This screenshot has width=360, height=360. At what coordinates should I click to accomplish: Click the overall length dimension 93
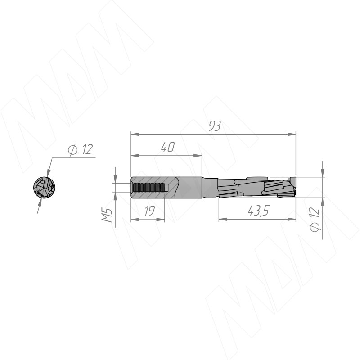pyautogui.click(x=215, y=126)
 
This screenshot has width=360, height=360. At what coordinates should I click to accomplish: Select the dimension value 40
pyautogui.click(x=168, y=147)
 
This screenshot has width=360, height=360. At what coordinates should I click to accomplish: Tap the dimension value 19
pyautogui.click(x=150, y=211)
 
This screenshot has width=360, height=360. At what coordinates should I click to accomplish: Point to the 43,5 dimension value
pyautogui.click(x=258, y=211)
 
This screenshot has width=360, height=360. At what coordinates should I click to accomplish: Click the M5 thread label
pyautogui.click(x=107, y=216)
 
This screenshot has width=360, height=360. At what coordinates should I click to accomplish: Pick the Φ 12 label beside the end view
pyautogui.click(x=81, y=150)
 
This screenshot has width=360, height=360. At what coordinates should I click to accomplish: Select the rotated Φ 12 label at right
pyautogui.click(x=315, y=219)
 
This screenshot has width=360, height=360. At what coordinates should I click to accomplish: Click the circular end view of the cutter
pyautogui.click(x=44, y=188)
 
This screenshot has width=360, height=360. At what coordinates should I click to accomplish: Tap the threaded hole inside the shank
pyautogui.click(x=150, y=188)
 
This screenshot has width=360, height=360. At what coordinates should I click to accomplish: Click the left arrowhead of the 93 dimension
pyautogui.click(x=135, y=134)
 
